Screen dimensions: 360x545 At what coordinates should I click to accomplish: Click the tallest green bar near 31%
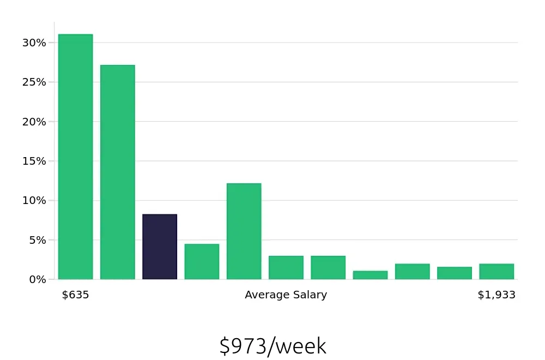click(x=75, y=157)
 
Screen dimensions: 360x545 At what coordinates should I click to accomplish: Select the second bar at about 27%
click(x=118, y=172)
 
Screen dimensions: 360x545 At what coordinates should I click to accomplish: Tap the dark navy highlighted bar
click(x=160, y=247)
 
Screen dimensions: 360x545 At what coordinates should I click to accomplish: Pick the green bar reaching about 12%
click(x=244, y=231)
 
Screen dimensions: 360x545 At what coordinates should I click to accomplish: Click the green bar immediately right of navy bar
click(x=202, y=262)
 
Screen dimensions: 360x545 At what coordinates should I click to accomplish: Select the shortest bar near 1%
click(x=370, y=275)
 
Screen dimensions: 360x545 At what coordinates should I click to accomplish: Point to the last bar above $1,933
click(x=496, y=272)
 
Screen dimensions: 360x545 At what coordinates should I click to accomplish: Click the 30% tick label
click(x=34, y=43)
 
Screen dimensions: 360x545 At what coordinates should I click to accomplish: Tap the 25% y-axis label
click(x=34, y=82)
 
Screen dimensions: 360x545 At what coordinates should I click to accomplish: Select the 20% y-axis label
click(x=34, y=122)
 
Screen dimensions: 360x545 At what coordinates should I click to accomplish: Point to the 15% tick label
click(x=34, y=161)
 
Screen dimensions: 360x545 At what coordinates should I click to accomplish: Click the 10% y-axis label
click(x=34, y=200)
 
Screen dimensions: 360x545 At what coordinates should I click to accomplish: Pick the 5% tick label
click(x=37, y=240)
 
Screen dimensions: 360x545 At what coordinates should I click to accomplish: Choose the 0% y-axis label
click(x=37, y=279)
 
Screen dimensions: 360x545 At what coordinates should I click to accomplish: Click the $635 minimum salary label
click(x=75, y=295)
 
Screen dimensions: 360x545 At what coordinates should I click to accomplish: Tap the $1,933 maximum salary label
click(x=496, y=295)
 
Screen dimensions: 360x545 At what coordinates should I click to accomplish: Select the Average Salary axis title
click(x=286, y=295)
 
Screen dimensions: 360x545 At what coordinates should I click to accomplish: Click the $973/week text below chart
click(x=272, y=346)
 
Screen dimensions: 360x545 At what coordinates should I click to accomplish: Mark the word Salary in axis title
click(x=309, y=295)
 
